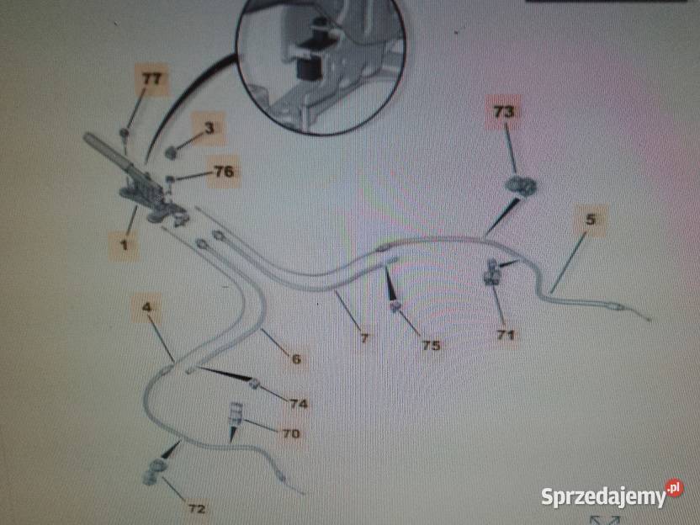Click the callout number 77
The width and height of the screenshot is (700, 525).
pyautogui.click(x=151, y=79)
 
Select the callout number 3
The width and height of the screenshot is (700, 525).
pyautogui.click(x=209, y=128)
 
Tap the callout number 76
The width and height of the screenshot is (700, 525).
pyautogui.click(x=224, y=171)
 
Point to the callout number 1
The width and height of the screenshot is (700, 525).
pyautogui.click(x=124, y=244)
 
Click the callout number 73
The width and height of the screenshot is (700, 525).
pyautogui.click(x=504, y=111)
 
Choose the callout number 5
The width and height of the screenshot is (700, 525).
pyautogui.click(x=590, y=220)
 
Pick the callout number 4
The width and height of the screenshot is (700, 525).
pyautogui.click(x=147, y=307)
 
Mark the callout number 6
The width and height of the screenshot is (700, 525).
pyautogui.click(x=296, y=358)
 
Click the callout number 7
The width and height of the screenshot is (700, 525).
pyautogui.click(x=364, y=338)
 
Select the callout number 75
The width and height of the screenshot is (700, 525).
pyautogui.click(x=431, y=345)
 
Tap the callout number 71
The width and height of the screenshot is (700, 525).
pyautogui.click(x=506, y=334)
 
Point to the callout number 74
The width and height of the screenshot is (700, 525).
pyautogui.click(x=299, y=404)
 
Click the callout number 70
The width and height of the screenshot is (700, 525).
pyautogui.click(x=290, y=433)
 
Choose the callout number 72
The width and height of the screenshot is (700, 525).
pyautogui.click(x=196, y=508)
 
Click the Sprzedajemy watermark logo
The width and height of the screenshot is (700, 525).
pyautogui.click(x=612, y=495)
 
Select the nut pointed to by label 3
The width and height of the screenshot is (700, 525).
pyautogui.click(x=170, y=153)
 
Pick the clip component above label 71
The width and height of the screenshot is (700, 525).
pyautogui.click(x=491, y=272)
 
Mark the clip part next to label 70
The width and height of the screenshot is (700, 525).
pyautogui.click(x=236, y=413)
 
